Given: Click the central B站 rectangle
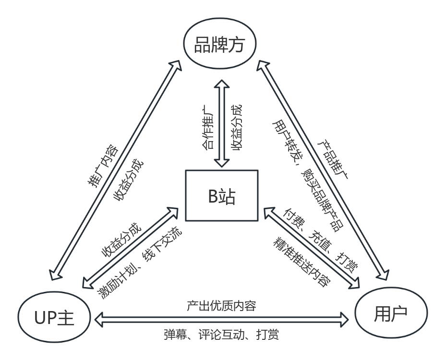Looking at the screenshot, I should pyautogui.click(x=222, y=196).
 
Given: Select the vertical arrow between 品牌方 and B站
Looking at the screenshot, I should pyautogui.click(x=221, y=123).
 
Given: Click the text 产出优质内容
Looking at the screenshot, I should pyautogui.click(x=222, y=305).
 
